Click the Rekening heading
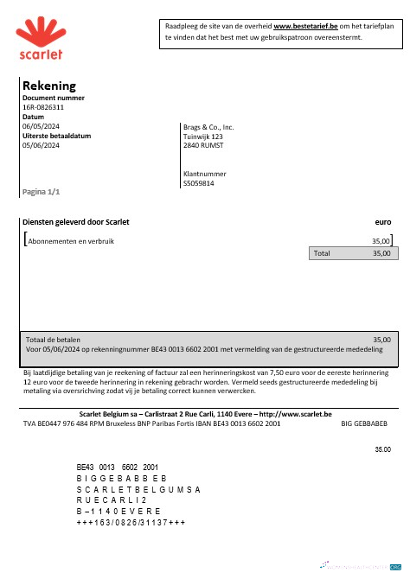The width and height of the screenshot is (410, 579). click(49, 86)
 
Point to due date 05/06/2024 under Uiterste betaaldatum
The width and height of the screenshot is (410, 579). click(41, 145)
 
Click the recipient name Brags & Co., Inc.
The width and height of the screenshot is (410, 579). click(208, 127)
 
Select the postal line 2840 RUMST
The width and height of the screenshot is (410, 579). click(203, 145)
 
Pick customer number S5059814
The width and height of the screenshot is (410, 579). click(199, 183)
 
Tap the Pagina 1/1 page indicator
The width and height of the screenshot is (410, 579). click(41, 190)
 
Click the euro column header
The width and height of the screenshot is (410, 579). click(383, 222)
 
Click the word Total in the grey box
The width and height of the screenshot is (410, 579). click(322, 254)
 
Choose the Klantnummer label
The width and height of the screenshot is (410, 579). click(204, 174)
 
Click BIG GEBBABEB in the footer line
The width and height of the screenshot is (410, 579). click(364, 424)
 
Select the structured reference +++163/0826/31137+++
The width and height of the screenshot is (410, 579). click(131, 523)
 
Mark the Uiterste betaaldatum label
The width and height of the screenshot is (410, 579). click(56, 136)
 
